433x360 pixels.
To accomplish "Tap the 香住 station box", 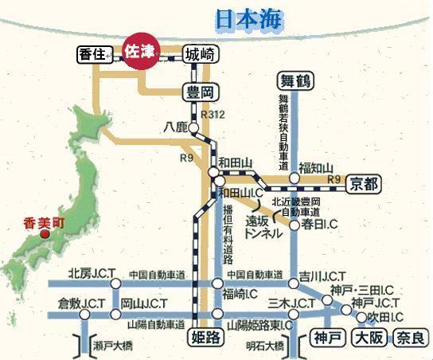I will (93, 54).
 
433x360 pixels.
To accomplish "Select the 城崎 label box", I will (200, 54).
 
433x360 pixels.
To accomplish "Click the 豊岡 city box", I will (198, 92).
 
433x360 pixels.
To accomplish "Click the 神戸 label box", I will (326, 337).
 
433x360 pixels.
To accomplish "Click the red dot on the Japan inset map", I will (45, 235).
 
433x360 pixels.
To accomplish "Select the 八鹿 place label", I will (175, 127).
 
